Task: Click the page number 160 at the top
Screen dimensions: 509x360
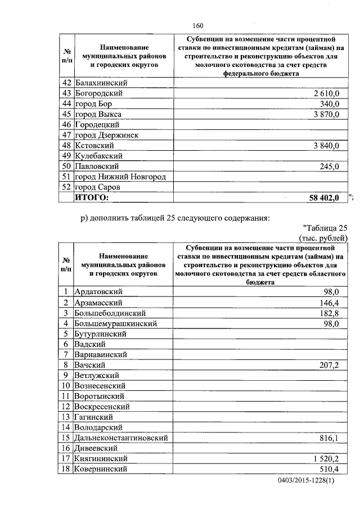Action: click(197, 25)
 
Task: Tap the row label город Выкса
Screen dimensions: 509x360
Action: click(98, 114)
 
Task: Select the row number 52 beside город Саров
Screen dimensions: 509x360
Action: click(66, 187)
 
